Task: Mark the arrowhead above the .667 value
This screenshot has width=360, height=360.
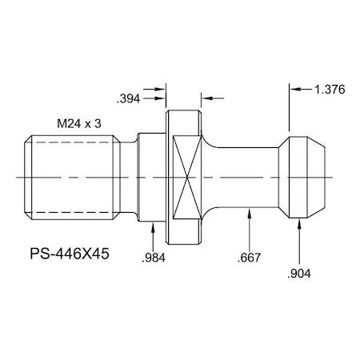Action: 251,212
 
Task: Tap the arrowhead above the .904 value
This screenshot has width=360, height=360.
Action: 299,226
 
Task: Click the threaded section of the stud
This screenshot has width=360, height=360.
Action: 71,175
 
